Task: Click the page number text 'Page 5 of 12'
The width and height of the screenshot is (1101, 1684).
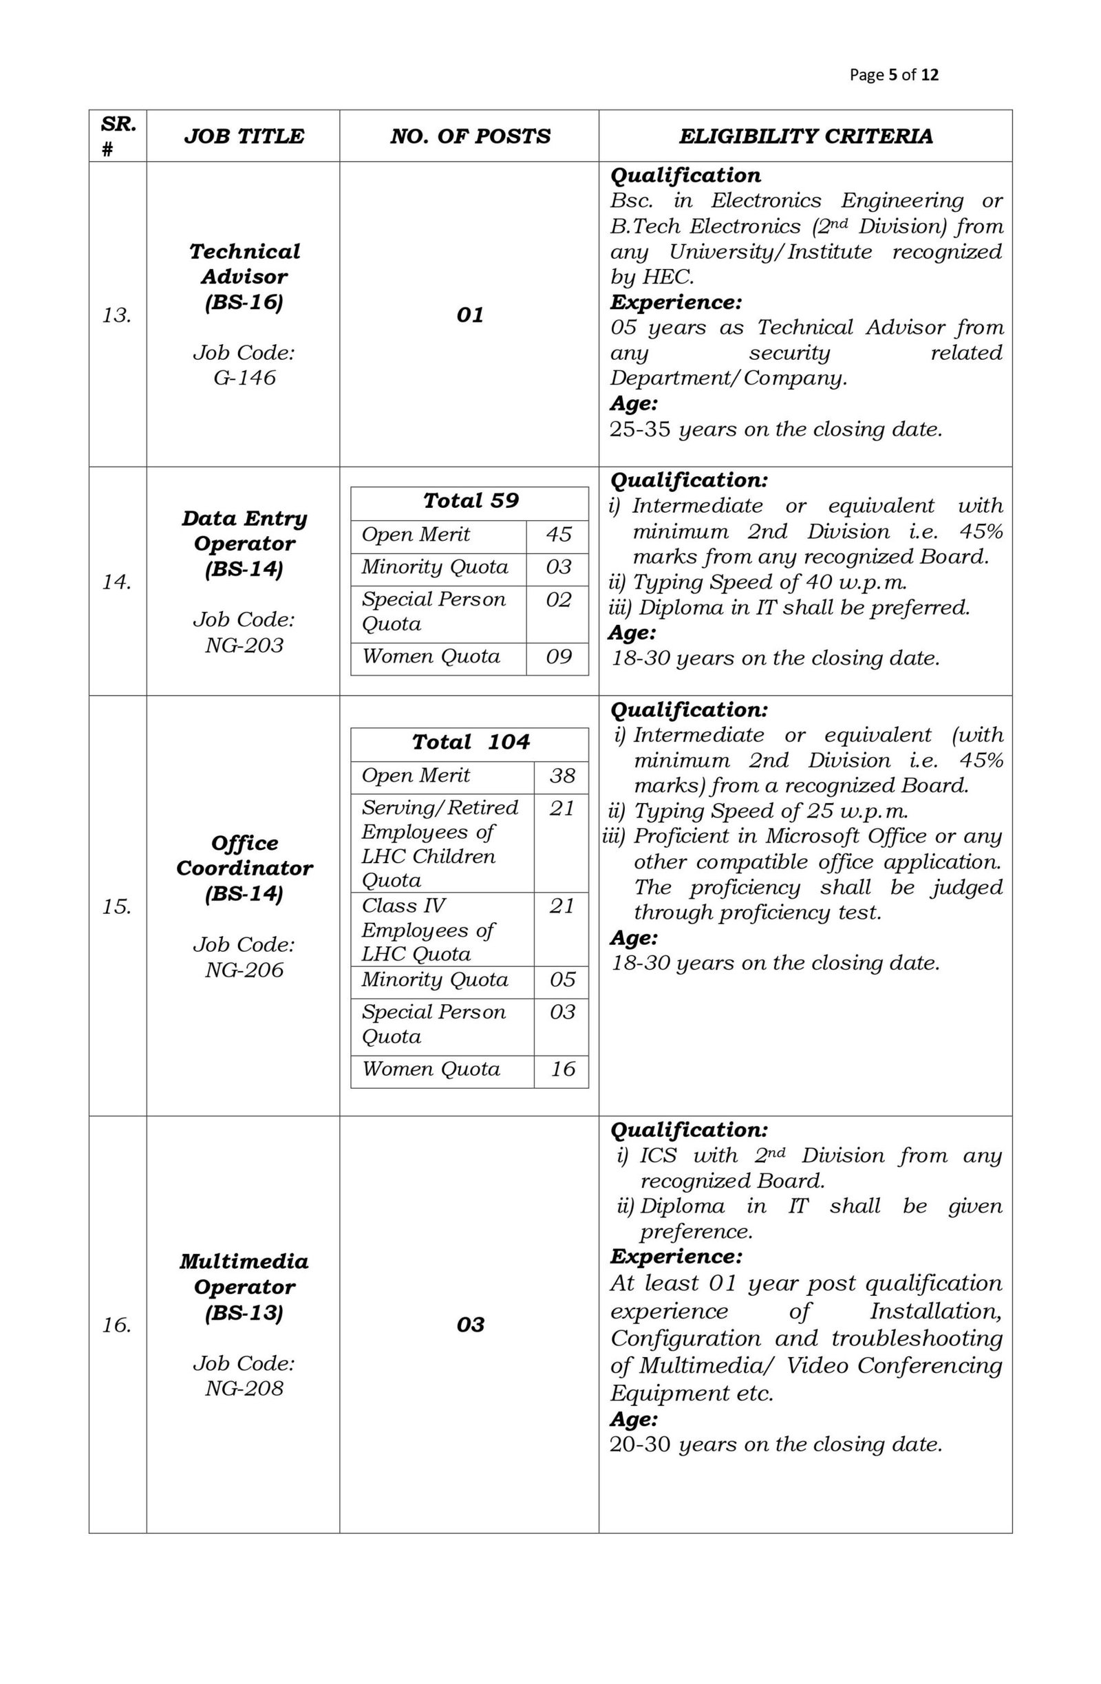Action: point(894,74)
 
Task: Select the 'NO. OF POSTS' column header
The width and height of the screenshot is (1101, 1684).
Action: point(470,136)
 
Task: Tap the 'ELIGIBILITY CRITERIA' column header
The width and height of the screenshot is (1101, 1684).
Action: point(805,136)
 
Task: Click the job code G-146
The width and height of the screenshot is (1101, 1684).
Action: point(244,377)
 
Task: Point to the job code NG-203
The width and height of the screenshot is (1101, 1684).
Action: point(244,645)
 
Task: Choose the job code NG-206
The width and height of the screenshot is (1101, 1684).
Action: point(244,970)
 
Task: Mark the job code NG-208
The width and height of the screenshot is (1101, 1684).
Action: point(244,1387)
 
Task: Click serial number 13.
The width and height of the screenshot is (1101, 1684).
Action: point(117,315)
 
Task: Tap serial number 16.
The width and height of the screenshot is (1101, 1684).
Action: point(117,1325)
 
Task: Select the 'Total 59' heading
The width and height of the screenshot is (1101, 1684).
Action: point(471,501)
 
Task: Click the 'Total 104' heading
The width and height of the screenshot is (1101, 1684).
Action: point(471,742)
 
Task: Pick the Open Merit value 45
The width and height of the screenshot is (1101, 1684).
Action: point(558,534)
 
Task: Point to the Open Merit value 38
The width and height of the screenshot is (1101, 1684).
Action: point(562,776)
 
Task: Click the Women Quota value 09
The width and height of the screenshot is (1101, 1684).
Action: point(558,657)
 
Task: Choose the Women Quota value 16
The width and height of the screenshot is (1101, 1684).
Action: point(562,1069)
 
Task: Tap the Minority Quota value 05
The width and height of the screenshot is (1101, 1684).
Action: point(562,979)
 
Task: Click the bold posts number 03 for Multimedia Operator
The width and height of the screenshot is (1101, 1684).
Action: point(471,1325)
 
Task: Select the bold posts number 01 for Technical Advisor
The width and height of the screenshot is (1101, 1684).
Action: point(471,315)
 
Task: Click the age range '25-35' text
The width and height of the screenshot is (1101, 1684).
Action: point(640,429)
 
